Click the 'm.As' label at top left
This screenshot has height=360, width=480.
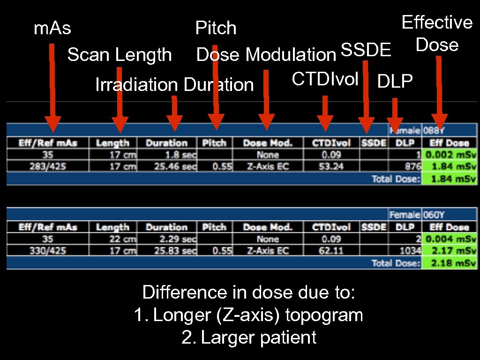(52, 29)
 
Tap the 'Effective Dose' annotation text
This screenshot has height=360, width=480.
(437, 33)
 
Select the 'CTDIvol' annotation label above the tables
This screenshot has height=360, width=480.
(325, 79)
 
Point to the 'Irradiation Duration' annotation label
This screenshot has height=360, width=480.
(174, 85)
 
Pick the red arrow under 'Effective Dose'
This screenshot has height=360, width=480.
(439, 92)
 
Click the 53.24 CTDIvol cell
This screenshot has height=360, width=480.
(331, 166)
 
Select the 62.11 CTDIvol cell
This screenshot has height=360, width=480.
(331, 251)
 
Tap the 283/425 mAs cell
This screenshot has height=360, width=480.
(47, 166)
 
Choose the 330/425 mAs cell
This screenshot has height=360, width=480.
(47, 251)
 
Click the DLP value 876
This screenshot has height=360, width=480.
(411, 166)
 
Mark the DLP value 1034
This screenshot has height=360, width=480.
(409, 251)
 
